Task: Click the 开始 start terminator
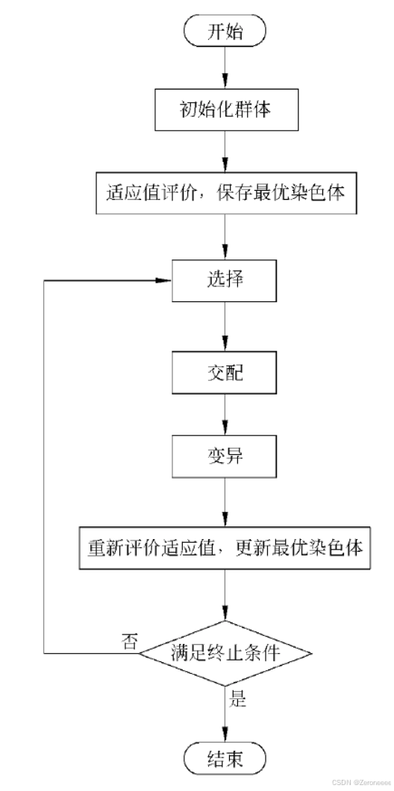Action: coord(225,32)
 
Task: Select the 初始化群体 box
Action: coord(225,110)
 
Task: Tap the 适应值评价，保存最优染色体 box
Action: coord(225,194)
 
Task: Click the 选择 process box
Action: coord(225,280)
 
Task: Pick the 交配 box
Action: coord(225,372)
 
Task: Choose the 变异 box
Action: coord(225,456)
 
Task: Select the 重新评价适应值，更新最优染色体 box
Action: coord(225,548)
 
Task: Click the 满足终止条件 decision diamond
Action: coord(225,653)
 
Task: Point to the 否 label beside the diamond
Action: coord(128,640)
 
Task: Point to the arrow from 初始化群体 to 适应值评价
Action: coord(225,152)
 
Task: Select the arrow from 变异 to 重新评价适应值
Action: coord(225,502)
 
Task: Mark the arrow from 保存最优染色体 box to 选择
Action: coord(225,237)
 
